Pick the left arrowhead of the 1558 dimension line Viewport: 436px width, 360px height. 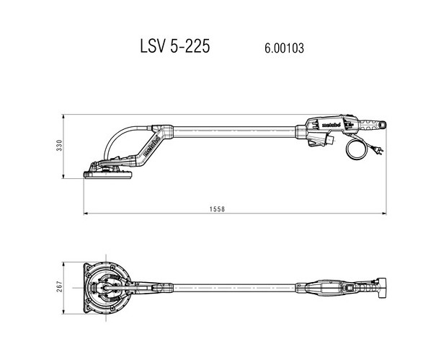tap(86, 214)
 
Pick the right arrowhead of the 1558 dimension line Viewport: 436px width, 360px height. tap(388, 214)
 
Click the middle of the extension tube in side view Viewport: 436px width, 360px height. tap(231, 130)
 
